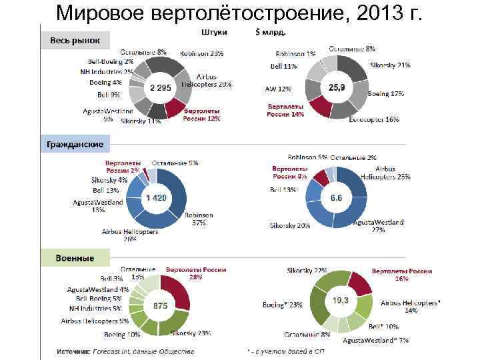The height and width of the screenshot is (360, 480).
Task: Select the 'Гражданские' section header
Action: tap(74, 144)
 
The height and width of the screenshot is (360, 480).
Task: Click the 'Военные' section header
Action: tap(74, 257)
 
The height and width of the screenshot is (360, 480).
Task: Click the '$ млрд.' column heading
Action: tap(271, 31)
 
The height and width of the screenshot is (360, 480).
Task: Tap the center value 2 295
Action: tap(161, 87)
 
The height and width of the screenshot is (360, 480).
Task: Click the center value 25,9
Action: tap(337, 87)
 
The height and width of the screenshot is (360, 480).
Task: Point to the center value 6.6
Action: tap(336, 198)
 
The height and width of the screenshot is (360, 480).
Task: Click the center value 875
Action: tap(160, 306)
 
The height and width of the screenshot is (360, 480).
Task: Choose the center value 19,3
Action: tap(340, 301)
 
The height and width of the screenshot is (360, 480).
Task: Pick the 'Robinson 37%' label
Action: tap(199, 219)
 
